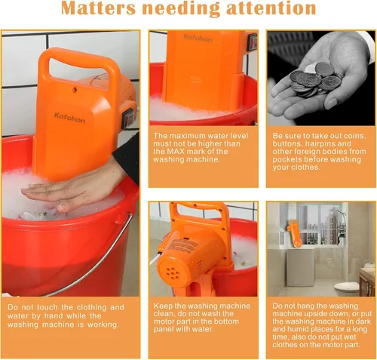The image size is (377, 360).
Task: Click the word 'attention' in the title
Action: pos(271,8)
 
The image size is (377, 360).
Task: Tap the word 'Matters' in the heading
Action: pos(98,8)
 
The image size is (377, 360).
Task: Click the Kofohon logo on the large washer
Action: pos(69,118)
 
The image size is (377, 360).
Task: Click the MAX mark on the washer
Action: pos(196,78)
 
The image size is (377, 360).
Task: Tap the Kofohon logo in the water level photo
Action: pos(198,38)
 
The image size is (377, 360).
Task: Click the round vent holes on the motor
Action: pos(174,273)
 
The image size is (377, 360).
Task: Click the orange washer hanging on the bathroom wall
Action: pos(295,233)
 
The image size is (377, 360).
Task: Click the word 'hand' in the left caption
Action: pos(55,315)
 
